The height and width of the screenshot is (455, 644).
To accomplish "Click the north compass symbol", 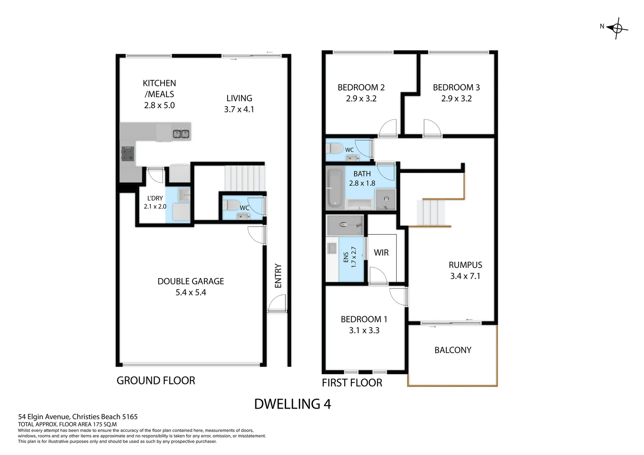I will [617, 28].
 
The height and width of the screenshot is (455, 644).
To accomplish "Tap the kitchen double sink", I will [181, 134].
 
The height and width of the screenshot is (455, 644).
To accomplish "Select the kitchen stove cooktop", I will [128, 154].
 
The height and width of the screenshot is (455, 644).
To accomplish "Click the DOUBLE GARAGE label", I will [191, 281].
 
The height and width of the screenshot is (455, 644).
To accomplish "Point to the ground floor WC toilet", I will [232, 206].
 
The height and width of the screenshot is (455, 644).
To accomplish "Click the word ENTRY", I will [278, 276].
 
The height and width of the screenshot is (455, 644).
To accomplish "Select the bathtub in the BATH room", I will [335, 188].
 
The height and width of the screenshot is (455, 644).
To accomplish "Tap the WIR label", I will [381, 253].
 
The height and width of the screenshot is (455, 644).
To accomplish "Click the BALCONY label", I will [453, 350].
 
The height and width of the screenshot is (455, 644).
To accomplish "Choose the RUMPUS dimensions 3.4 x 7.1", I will [465, 276].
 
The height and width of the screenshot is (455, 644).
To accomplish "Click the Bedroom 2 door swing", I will [388, 128].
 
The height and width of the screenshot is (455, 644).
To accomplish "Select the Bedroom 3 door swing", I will [432, 128].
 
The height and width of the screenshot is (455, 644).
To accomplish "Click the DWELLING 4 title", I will [292, 404].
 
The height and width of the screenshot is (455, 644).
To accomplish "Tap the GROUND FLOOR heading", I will [156, 381].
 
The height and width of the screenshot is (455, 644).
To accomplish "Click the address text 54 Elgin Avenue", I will [78, 417].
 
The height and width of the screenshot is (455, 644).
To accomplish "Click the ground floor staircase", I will [244, 177].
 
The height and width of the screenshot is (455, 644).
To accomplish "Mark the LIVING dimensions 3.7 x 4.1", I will [239, 110].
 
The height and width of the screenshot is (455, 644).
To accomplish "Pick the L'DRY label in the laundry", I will [155, 198].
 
